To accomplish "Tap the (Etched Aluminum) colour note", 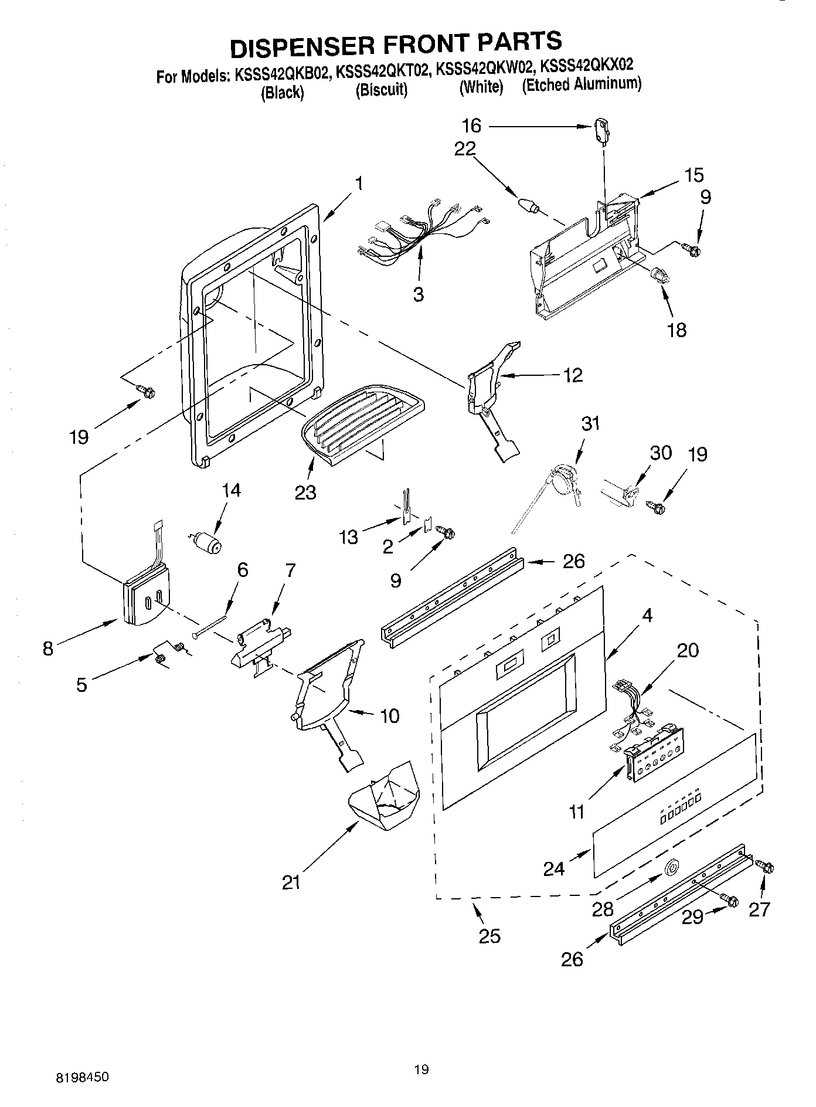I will tap(582, 84).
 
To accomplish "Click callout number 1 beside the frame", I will tap(358, 184).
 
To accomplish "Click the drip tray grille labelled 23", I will tap(362, 423).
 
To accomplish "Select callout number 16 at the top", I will tap(471, 125).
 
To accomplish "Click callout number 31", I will tap(591, 423).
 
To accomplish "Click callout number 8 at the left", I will tap(48, 648).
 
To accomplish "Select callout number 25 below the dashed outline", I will tap(489, 936).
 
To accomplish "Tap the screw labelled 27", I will tap(766, 867).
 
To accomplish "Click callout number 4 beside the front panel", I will tap(647, 615).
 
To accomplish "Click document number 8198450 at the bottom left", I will tap(82, 1077).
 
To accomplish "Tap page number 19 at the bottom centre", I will tap(421, 1069).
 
